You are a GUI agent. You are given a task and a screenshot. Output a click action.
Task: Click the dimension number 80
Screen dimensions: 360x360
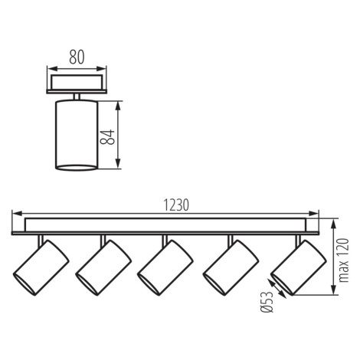tap(77, 57)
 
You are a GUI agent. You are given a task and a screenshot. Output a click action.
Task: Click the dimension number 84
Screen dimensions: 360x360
tap(107, 137)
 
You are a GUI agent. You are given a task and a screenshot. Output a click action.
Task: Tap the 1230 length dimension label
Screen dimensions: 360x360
tap(176, 205)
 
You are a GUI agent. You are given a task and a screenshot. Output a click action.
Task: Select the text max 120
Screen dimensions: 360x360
tap(345, 260)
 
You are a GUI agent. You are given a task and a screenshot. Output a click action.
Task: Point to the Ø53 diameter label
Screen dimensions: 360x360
tap(267, 302)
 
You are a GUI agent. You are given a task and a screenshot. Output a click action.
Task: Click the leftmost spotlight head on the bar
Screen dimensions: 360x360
tap(41, 268)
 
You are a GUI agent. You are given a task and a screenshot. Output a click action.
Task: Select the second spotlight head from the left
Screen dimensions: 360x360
tap(103, 268)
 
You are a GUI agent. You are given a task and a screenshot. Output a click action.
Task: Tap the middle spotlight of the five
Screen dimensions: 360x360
tap(165, 268)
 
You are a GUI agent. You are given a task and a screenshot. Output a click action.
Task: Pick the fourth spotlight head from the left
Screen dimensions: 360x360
tap(231, 268)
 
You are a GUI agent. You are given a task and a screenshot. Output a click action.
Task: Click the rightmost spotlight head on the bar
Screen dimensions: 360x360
tap(299, 268)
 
